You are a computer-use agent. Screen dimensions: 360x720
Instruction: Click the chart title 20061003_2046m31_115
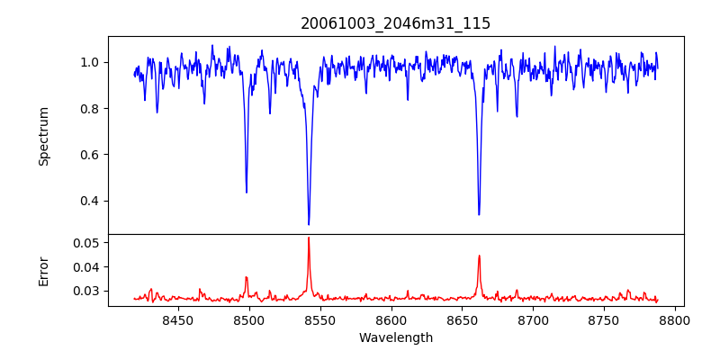pos(395,23)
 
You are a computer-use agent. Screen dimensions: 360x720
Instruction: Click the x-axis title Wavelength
pos(395,338)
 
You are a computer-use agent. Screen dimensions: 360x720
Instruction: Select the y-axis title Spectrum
pos(43,136)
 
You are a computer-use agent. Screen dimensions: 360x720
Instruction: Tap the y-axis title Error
pos(43,271)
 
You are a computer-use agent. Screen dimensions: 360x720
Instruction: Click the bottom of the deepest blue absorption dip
pos(309,224)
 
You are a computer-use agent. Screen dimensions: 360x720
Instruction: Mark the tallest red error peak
pos(309,238)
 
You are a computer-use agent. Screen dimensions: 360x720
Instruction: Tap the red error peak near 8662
pos(479,256)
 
